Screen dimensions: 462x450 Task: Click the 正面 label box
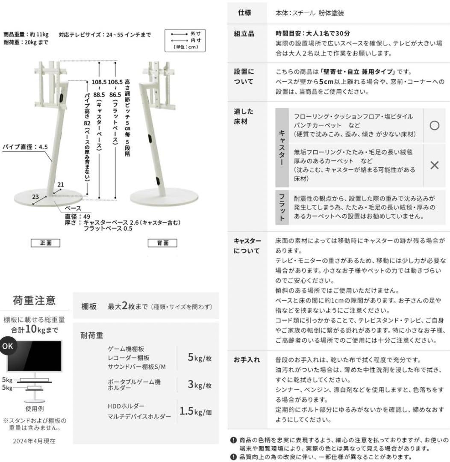(45, 243)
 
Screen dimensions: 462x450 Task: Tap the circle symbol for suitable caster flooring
(434, 125)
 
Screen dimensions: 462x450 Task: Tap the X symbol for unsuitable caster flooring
(434, 165)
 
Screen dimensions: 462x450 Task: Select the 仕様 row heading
(244, 13)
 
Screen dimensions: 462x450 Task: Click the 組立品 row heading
(244, 33)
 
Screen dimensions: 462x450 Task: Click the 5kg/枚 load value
(200, 358)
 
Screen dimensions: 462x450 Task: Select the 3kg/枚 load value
(200, 384)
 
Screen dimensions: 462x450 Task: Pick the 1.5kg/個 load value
(195, 412)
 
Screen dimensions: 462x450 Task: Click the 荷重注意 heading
(34, 300)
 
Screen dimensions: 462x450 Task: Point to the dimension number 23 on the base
(35, 197)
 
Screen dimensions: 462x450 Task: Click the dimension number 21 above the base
(61, 185)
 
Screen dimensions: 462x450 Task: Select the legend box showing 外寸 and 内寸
(185, 40)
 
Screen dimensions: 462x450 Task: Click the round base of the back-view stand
(164, 196)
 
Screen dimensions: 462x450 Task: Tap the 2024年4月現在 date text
(34, 441)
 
